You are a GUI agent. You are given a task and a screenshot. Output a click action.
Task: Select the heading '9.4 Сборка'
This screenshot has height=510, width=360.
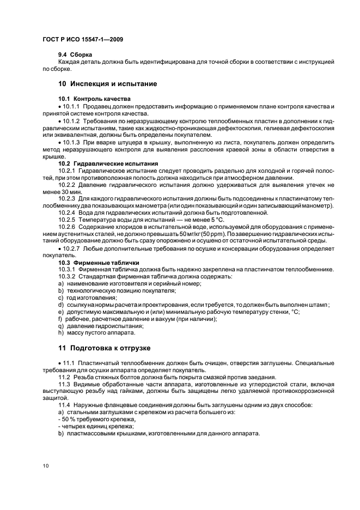[75, 54]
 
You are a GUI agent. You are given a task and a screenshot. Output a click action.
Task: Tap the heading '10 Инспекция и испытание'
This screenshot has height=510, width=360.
[107, 84]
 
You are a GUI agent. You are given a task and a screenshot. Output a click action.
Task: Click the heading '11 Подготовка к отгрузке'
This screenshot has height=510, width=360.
[105, 348]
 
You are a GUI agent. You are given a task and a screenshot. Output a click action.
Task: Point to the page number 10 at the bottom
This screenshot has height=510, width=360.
[46, 466]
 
